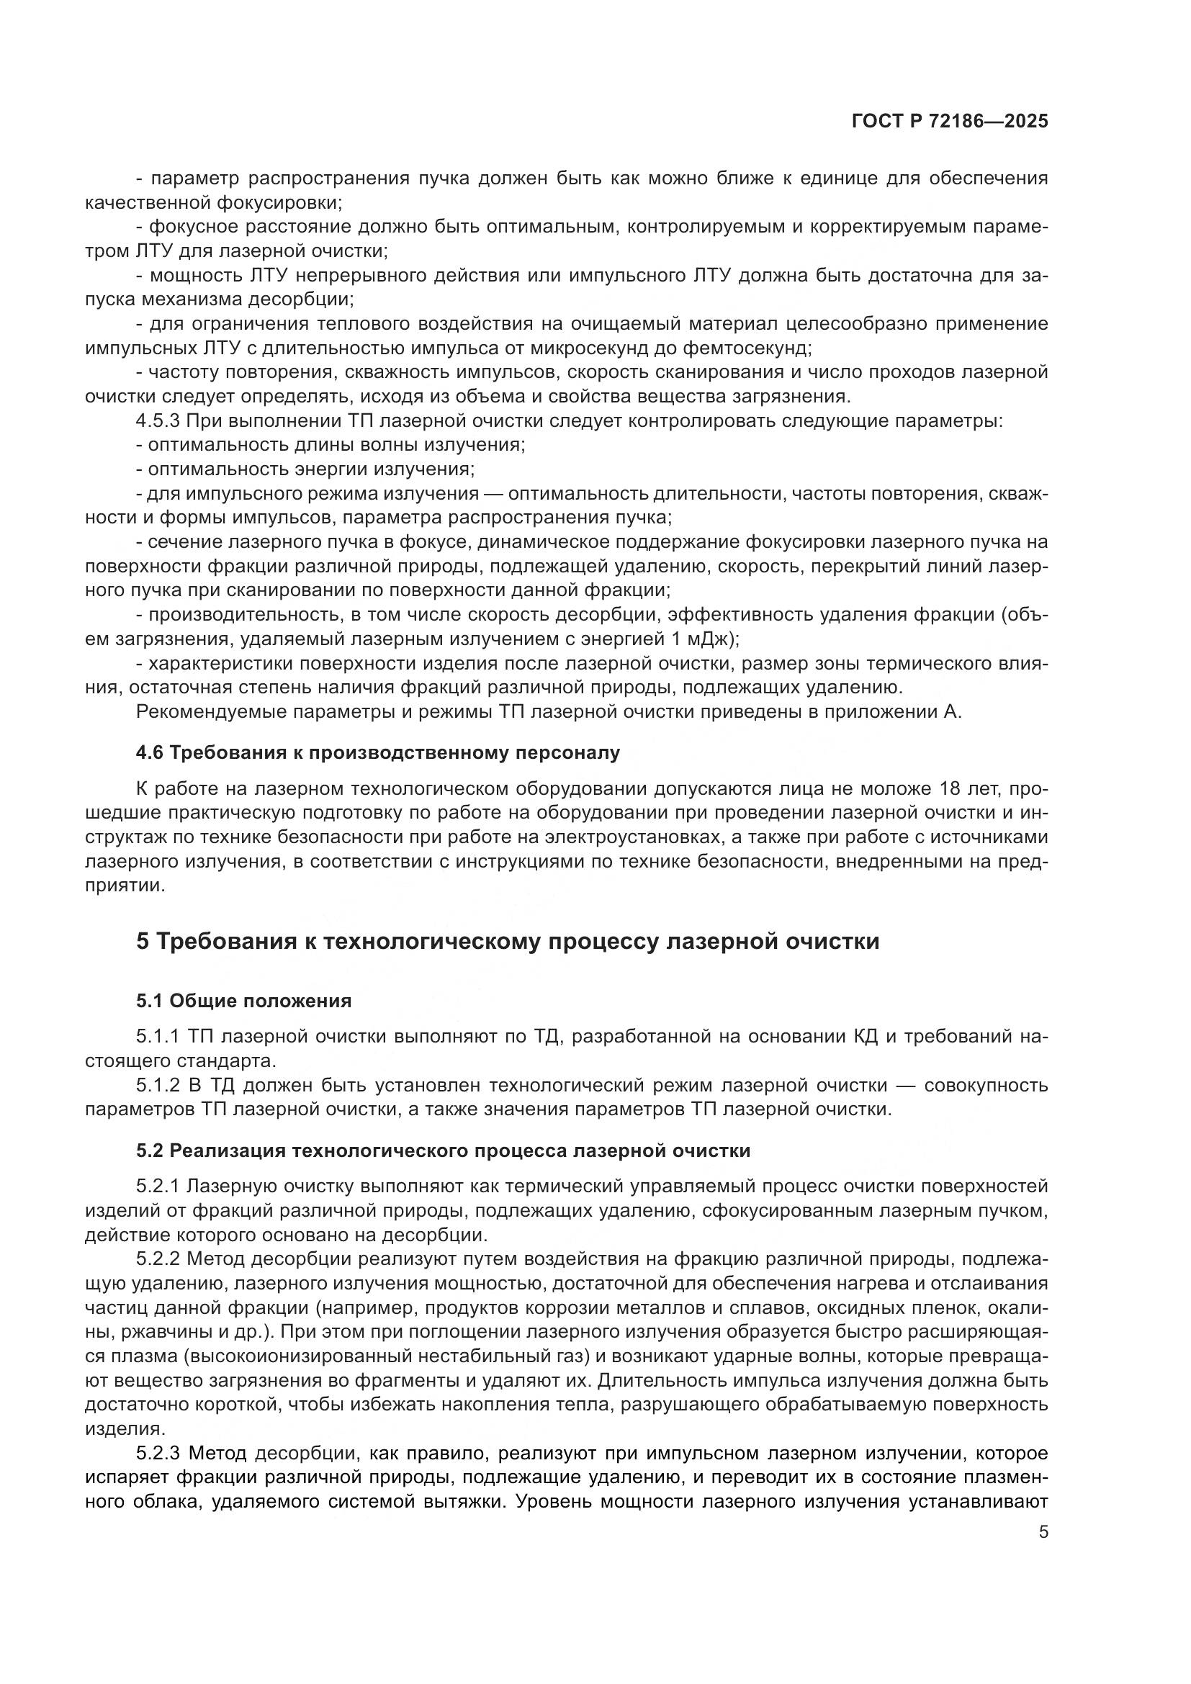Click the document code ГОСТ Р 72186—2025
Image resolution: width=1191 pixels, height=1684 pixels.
[x=950, y=121]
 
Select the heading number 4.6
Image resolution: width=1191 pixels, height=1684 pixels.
[x=150, y=752]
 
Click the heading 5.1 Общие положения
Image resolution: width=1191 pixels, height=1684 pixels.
[x=243, y=1001]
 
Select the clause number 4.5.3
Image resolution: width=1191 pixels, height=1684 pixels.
[x=158, y=421]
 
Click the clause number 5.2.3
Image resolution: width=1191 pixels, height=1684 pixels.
[x=158, y=1453]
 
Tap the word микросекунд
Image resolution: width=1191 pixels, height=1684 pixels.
[x=591, y=347]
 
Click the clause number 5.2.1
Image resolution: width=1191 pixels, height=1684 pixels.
[x=158, y=1186]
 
